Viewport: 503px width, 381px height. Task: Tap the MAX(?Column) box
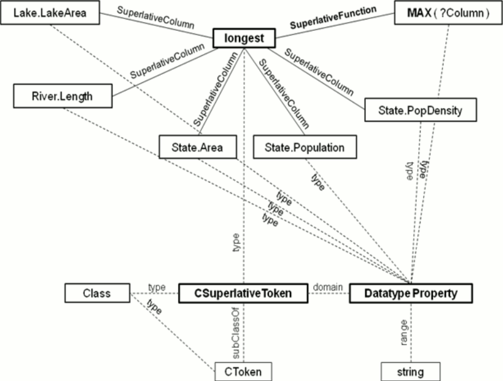coord(441,13)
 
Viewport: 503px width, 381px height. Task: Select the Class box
coord(97,292)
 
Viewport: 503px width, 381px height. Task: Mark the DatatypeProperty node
coord(410,292)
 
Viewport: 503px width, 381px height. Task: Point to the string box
coord(410,371)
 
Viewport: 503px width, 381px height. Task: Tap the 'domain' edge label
coord(327,287)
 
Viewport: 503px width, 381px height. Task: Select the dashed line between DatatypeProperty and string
coord(411,343)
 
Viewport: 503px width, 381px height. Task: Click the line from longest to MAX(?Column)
coord(336,26)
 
